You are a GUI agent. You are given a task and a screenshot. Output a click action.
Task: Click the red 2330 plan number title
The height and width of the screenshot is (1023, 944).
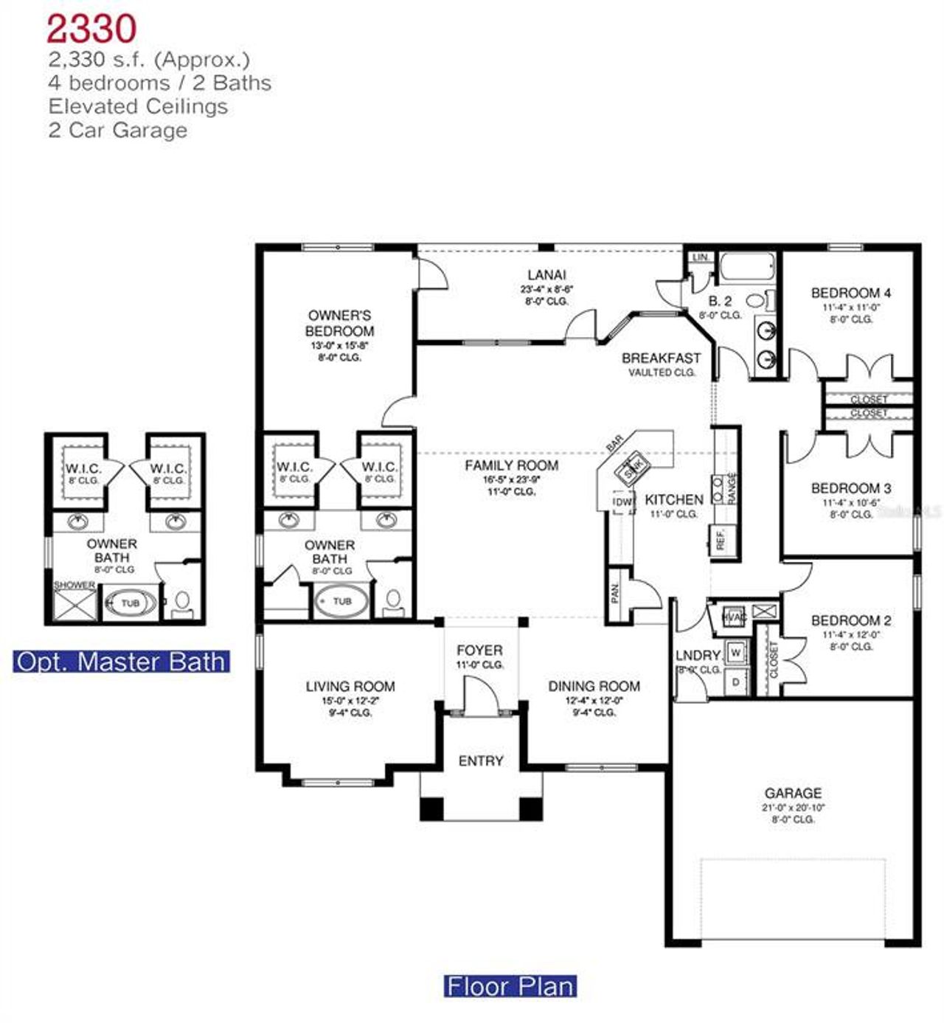tap(91, 30)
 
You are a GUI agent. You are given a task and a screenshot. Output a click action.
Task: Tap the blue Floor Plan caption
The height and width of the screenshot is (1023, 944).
tap(510, 986)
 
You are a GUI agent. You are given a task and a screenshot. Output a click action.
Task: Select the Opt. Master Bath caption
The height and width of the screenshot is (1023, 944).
tap(121, 662)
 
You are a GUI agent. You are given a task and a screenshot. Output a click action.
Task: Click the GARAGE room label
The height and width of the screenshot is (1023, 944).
tap(793, 793)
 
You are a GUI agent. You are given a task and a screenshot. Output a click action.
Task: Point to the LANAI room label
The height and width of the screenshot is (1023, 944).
tap(546, 275)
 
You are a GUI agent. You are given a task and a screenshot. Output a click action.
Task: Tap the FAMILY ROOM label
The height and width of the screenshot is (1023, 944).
tap(511, 465)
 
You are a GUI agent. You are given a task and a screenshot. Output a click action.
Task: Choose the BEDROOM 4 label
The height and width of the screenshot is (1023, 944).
tap(850, 293)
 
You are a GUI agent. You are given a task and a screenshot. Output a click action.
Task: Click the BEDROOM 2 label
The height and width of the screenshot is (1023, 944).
tap(850, 620)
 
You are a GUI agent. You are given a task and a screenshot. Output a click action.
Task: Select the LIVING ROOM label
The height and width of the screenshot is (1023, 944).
tap(350, 686)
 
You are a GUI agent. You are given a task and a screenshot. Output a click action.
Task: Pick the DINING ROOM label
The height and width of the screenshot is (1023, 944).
tap(594, 686)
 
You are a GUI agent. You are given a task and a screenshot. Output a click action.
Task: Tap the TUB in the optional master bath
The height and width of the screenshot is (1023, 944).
tap(130, 603)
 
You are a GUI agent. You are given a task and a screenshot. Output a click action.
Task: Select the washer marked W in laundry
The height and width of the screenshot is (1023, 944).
tap(735, 653)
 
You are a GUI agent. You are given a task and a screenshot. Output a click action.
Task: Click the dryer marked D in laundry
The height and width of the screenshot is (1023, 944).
tap(735, 682)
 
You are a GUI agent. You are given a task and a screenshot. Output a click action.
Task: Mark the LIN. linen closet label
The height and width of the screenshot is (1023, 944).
tap(700, 257)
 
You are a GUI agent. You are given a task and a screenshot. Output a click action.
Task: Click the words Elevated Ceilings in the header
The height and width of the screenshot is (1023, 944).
tap(138, 106)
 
